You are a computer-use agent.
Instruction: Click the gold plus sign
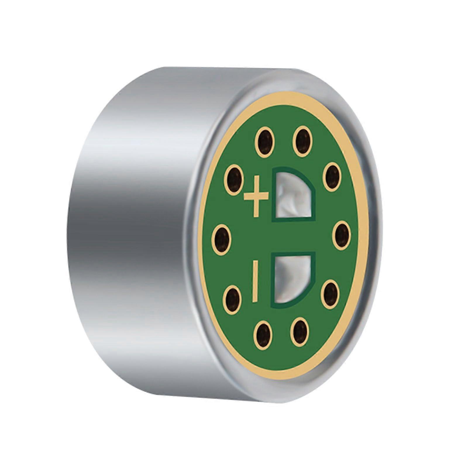click(256, 196)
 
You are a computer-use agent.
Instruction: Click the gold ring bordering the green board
click(205, 234)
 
